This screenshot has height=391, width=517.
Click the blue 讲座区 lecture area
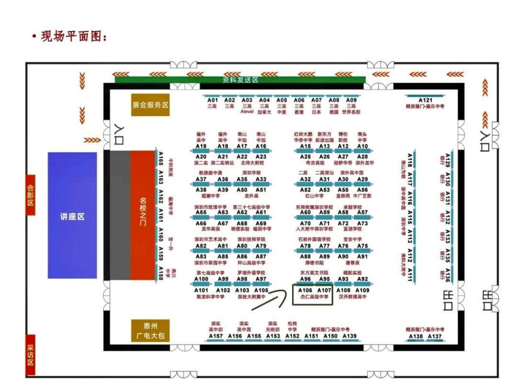click(72, 216)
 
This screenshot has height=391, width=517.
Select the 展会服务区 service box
click(150, 105)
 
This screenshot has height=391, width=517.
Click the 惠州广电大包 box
click(150, 331)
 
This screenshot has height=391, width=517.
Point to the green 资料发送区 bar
click(240, 80)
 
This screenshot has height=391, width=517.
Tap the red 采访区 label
click(30, 355)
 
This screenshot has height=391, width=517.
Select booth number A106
click(305, 290)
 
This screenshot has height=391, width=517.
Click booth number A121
click(425, 100)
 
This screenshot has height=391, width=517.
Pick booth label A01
click(213, 100)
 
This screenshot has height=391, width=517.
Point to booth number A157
click(216, 336)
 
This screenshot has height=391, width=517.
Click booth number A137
click(435, 336)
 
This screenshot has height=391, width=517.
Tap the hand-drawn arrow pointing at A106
click(269, 299)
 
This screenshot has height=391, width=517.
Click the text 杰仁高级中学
click(314, 297)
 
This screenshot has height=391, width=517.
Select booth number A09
click(351, 100)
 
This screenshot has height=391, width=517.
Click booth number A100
click(201, 279)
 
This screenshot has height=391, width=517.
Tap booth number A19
click(201, 146)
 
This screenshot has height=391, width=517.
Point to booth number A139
click(349, 336)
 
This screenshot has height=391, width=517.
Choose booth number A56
click(362, 190)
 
